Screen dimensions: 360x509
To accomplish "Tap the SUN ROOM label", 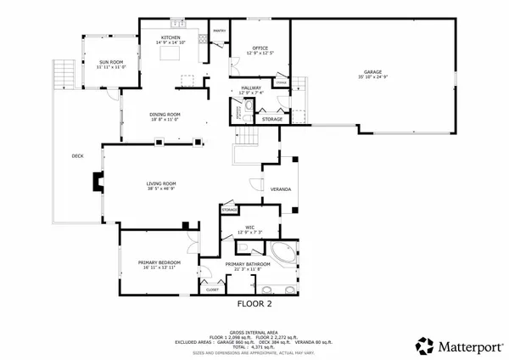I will coord(110,61).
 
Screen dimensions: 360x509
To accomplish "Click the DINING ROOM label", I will coord(165,115).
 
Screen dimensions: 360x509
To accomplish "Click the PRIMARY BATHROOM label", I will coord(248,264).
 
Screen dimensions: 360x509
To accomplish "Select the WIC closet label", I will coord(251,227).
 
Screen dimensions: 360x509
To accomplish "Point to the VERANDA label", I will coord(281,188).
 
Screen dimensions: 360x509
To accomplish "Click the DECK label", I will coord(77,155).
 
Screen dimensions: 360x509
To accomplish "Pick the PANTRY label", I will coord(218,31).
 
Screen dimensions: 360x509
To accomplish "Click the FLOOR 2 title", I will coord(253,303).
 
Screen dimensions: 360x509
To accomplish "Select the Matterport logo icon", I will coord(422,345).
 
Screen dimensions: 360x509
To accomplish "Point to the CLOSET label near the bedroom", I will coord(212,290).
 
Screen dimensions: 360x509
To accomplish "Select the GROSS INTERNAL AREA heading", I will coord(253,332).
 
